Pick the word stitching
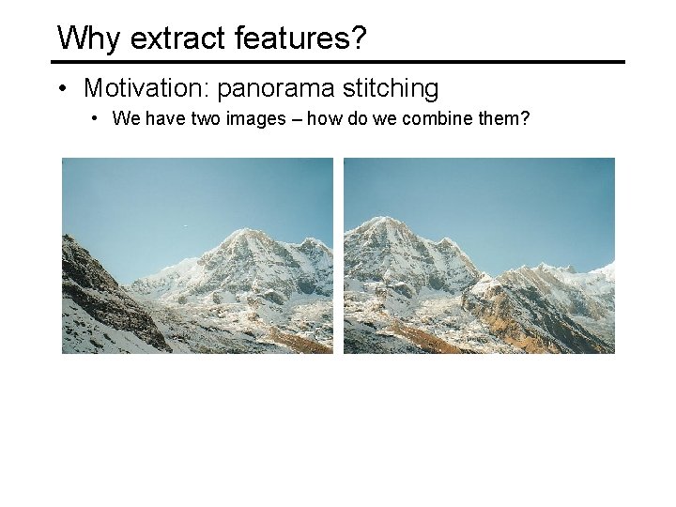pos(391,89)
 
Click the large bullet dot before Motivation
pos(61,89)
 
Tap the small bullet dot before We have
pos(97,119)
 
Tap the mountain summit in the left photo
pos(244,231)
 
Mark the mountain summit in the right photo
pos(381,220)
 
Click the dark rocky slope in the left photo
pos(99,291)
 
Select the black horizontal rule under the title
pos(338,62)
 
